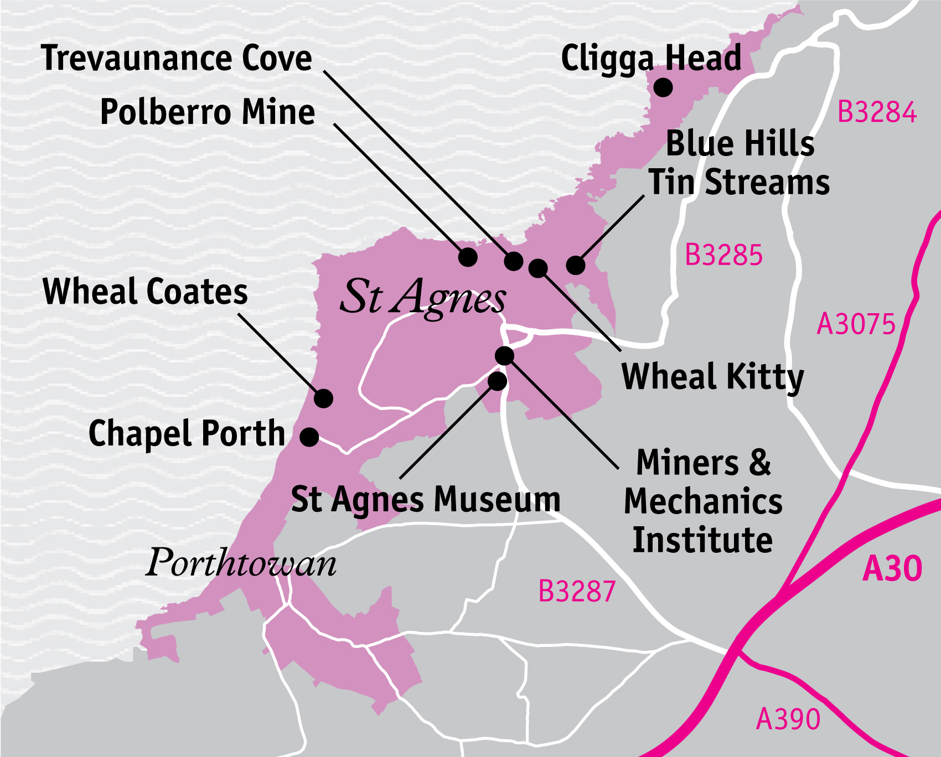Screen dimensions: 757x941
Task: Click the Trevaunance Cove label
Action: pyautogui.click(x=176, y=58)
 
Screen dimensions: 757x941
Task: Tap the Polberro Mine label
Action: pyautogui.click(x=207, y=112)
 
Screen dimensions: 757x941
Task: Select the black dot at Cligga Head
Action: pyautogui.click(x=663, y=87)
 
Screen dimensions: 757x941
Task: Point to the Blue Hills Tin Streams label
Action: pyautogui.click(x=739, y=163)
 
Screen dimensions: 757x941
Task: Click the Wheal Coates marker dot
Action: pyautogui.click(x=323, y=398)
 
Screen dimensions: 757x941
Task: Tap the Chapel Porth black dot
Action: pyautogui.click(x=309, y=437)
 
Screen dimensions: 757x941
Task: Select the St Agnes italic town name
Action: pyautogui.click(x=422, y=297)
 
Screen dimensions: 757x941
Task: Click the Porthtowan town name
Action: pyautogui.click(x=241, y=563)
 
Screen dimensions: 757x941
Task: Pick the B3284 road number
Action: pyautogui.click(x=876, y=112)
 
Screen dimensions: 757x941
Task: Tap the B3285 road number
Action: pyautogui.click(x=723, y=255)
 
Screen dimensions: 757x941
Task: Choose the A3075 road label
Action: pyautogui.click(x=856, y=324)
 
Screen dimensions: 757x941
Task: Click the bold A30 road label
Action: pyautogui.click(x=892, y=568)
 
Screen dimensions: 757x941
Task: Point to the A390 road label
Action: pyautogui.click(x=788, y=719)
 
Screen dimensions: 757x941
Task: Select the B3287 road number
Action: pyautogui.click(x=577, y=591)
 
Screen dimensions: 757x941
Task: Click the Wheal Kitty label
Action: pyautogui.click(x=712, y=377)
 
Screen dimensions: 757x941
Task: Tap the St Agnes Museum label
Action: pyautogui.click(x=425, y=500)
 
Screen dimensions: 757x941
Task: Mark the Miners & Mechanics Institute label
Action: pyautogui.click(x=703, y=501)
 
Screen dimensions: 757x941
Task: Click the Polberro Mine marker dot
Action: pyautogui.click(x=468, y=257)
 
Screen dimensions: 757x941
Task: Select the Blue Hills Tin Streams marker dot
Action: pyautogui.click(x=576, y=265)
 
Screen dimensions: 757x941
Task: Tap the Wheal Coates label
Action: pyautogui.click(x=145, y=292)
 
